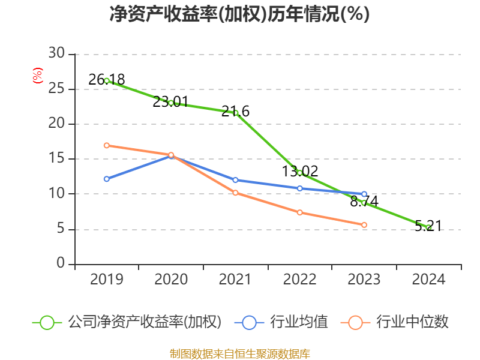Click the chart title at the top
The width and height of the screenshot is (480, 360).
[239, 14]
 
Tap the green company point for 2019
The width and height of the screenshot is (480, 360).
[107, 80]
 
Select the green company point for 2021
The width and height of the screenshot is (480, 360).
[236, 113]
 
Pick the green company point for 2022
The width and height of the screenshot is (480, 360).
[300, 173]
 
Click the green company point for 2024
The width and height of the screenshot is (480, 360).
[428, 227]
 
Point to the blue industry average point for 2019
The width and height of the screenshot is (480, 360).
[107, 179]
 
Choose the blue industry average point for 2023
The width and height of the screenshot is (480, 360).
[364, 194]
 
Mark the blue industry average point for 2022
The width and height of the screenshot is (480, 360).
[300, 188]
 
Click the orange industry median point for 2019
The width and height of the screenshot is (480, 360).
[107, 145]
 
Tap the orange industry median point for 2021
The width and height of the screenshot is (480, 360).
[236, 193]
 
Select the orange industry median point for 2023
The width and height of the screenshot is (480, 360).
[364, 225]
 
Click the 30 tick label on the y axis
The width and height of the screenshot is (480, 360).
[56, 54]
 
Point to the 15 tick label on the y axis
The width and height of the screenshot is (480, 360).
[56, 159]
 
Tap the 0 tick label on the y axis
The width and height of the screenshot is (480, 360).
[61, 264]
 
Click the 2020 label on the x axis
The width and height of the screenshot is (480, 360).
[171, 280]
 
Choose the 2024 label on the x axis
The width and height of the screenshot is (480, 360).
[428, 280]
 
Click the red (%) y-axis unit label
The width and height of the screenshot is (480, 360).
[38, 76]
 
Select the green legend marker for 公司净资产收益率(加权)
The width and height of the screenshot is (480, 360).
[47, 322]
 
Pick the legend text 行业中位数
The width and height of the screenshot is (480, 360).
[412, 322]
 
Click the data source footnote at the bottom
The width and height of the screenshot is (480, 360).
[239, 353]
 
